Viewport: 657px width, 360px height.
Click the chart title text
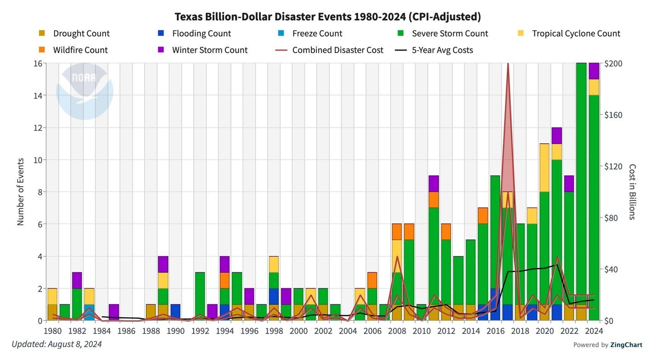328,17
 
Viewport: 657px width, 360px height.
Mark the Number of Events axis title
21,191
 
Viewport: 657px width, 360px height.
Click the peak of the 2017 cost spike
507,65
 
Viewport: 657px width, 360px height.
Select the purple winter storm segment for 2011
433,184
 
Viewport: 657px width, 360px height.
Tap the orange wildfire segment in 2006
372,280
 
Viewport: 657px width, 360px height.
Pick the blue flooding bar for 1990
175,312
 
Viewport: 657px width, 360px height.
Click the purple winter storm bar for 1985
114,312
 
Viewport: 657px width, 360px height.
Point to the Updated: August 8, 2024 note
56,344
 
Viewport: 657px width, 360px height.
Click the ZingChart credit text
607,345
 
